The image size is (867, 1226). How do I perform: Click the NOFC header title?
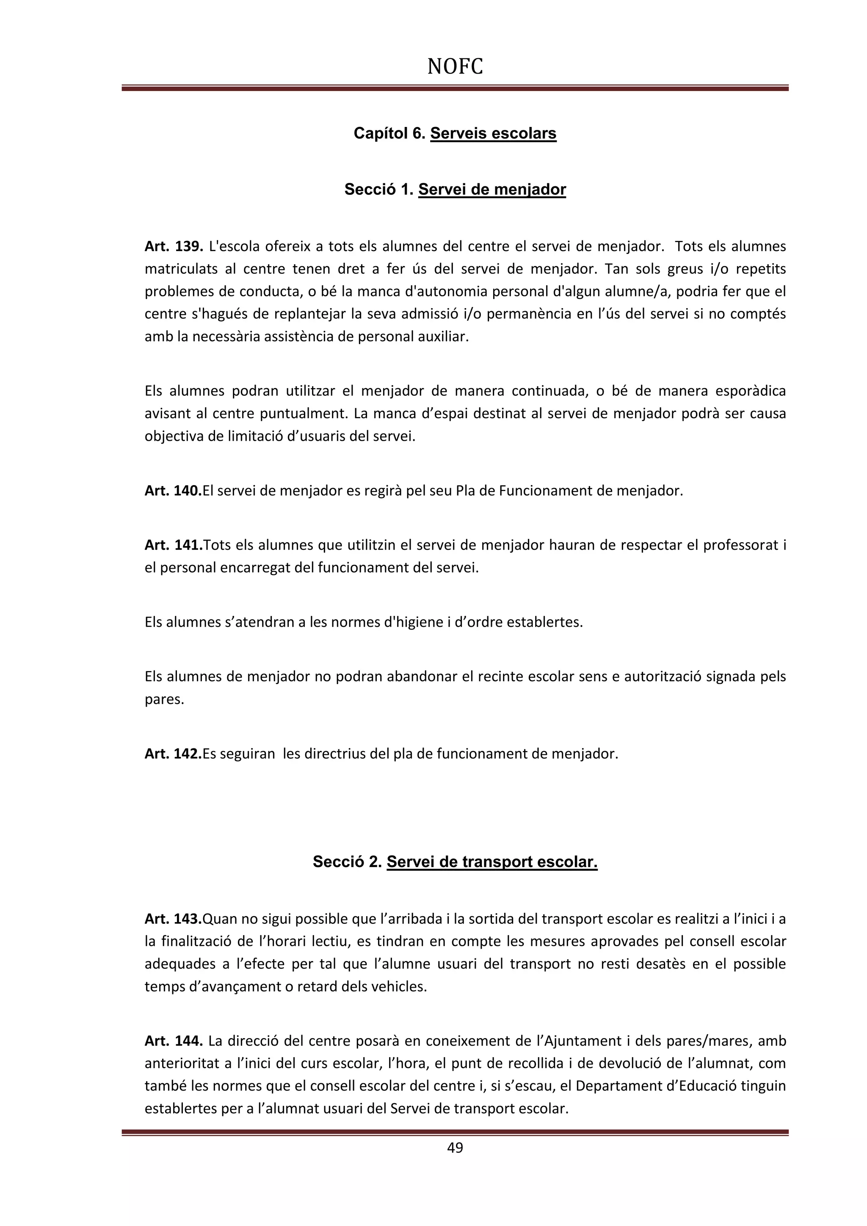click(455, 67)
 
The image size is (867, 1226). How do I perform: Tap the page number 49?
click(455, 1147)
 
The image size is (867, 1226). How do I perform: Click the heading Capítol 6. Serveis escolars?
click(455, 133)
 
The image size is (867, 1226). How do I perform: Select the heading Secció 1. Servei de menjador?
click(455, 189)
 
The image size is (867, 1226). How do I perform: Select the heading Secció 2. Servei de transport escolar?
click(455, 862)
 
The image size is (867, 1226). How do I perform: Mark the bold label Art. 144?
click(174, 1040)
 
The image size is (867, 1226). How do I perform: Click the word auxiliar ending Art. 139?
click(447, 337)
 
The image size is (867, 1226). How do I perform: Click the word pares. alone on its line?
click(164, 699)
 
